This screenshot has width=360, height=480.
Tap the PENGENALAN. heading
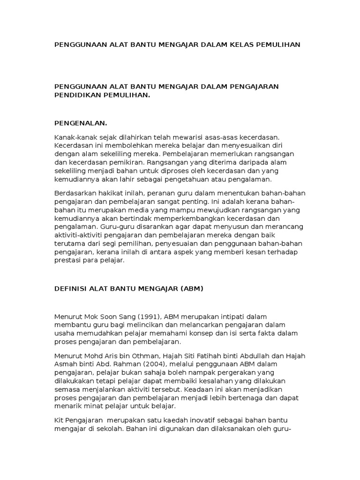(x=81, y=123)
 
